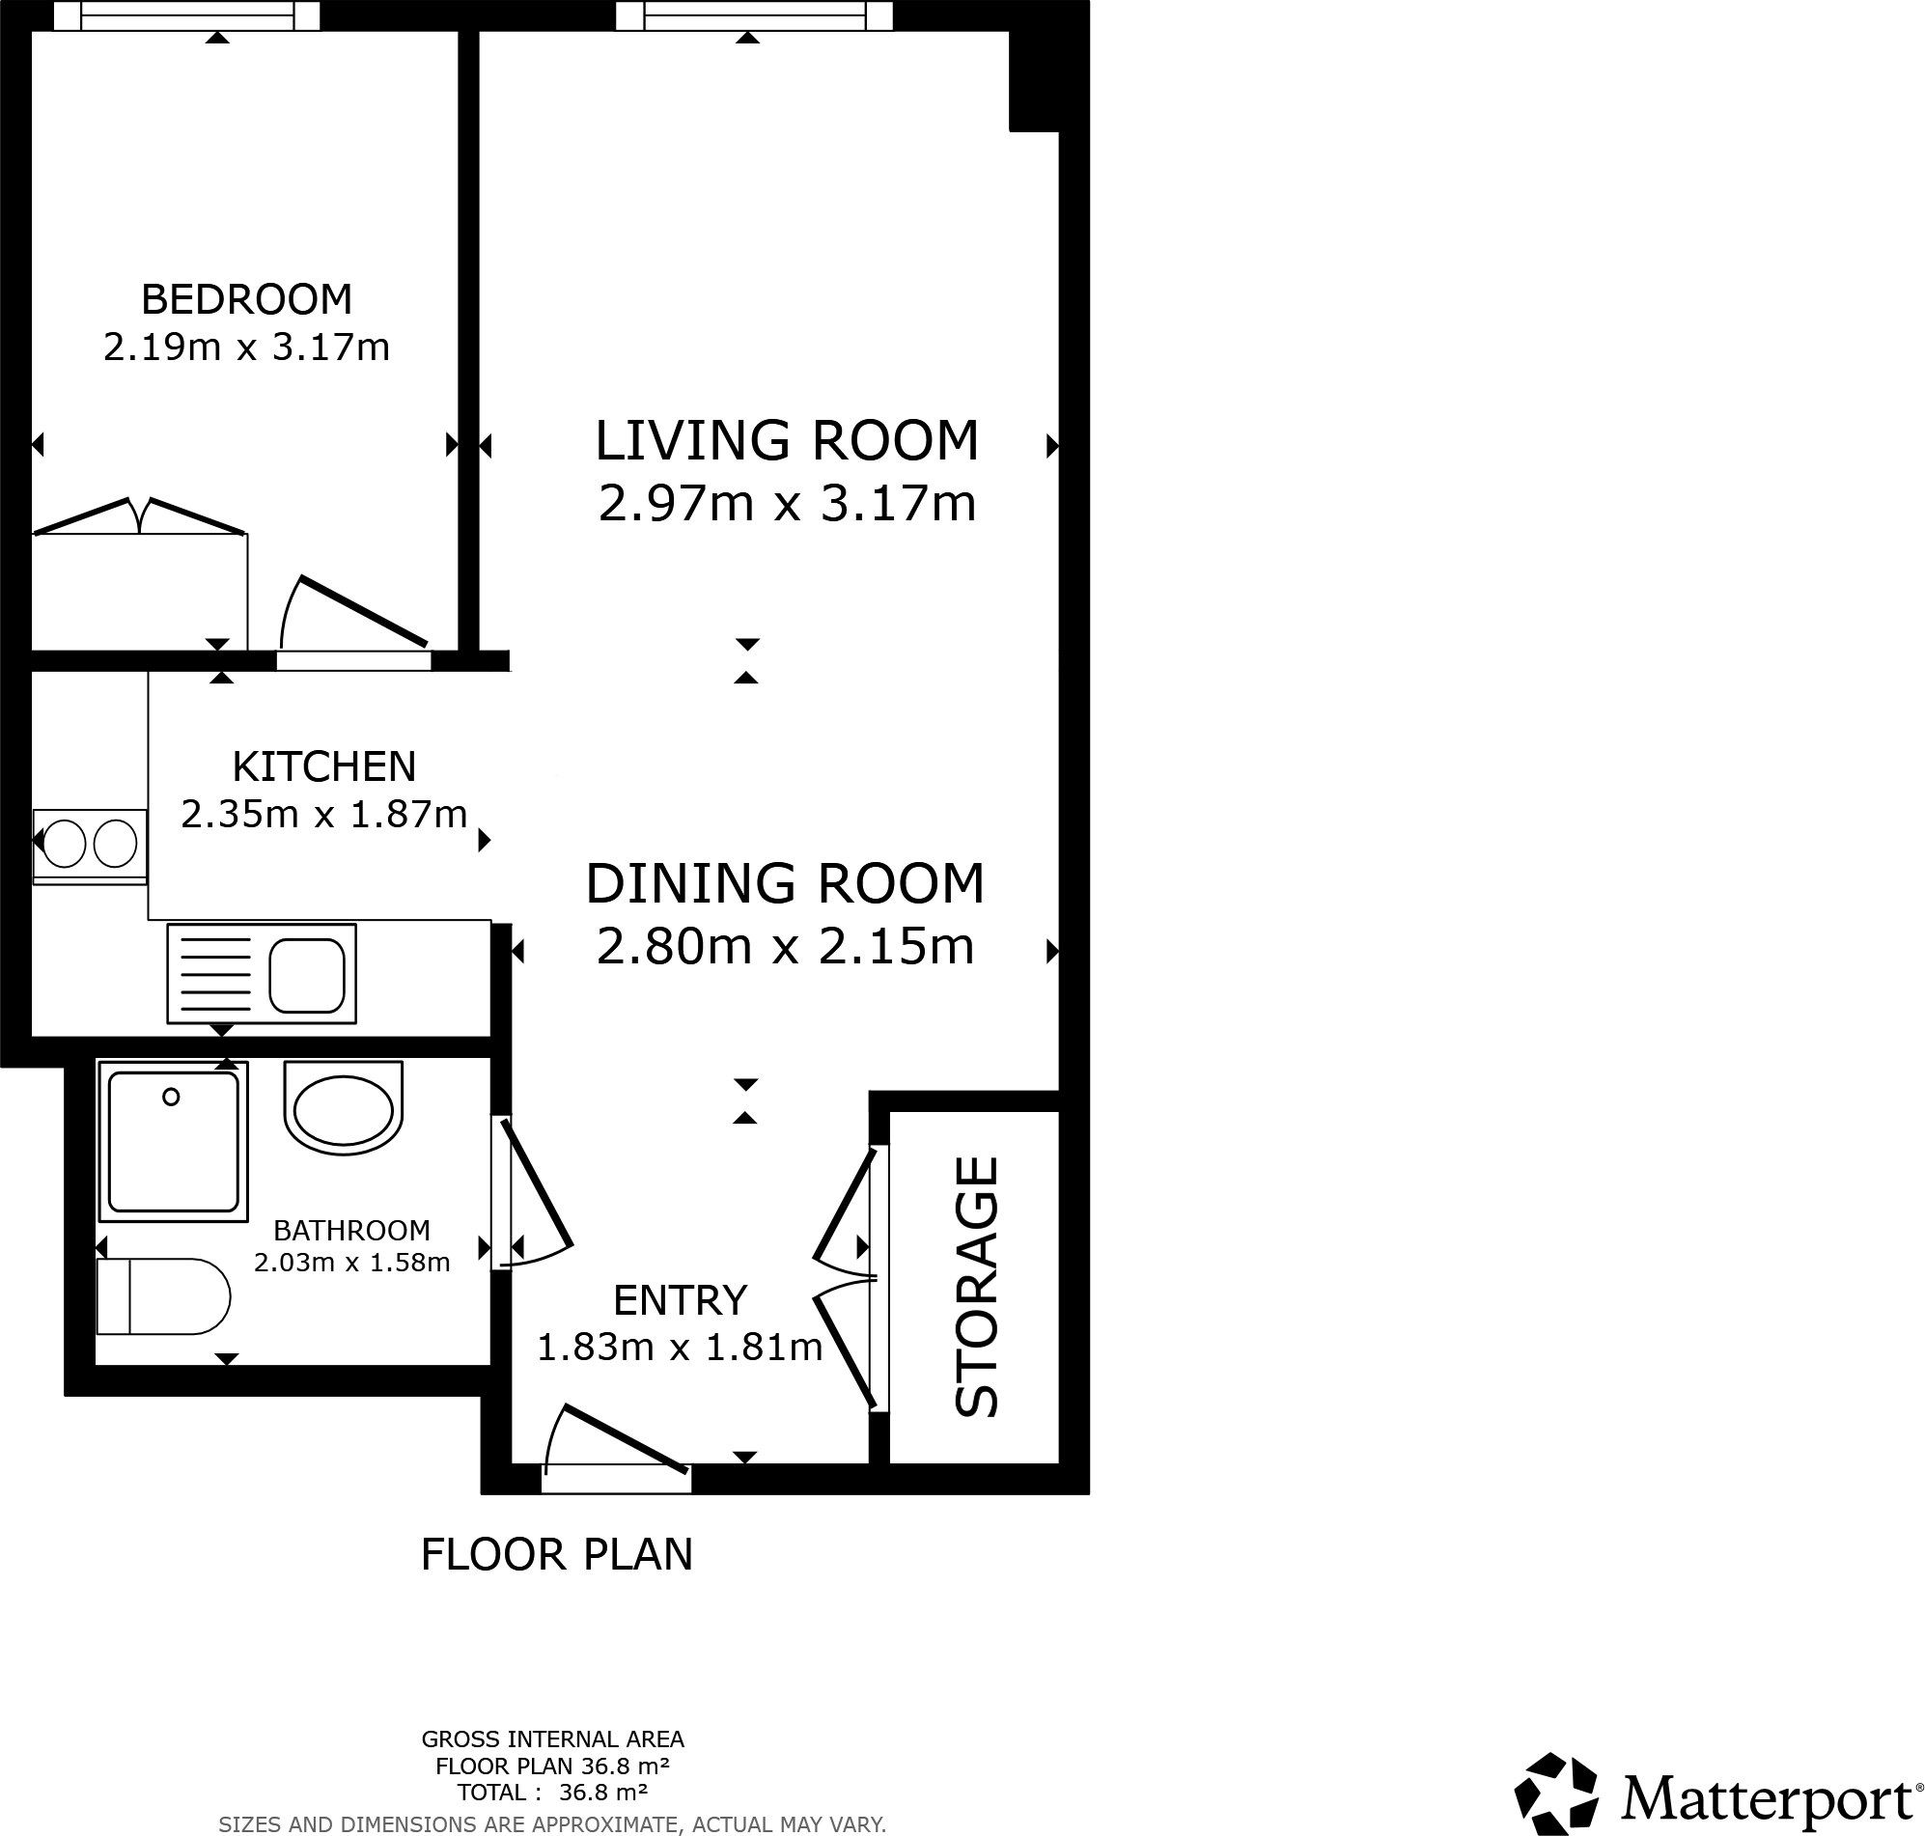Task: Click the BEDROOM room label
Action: pyautogui.click(x=246, y=299)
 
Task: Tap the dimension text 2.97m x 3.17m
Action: pyautogui.click(x=787, y=505)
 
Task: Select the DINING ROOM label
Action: pyautogui.click(x=785, y=884)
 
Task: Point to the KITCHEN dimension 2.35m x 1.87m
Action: pyautogui.click(x=324, y=815)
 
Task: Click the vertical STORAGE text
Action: pyautogui.click(x=977, y=1286)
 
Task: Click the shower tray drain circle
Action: pyautogui.click(x=171, y=1098)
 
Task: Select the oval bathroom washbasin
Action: pyautogui.click(x=343, y=1109)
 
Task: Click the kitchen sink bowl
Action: pyautogui.click(x=307, y=976)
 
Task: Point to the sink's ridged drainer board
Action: pyautogui.click(x=216, y=975)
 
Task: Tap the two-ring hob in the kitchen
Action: pyautogui.click(x=90, y=844)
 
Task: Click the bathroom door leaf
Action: pyautogui.click(x=537, y=1184)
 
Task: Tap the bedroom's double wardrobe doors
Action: pyautogui.click(x=139, y=515)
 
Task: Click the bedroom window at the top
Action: pyautogui.click(x=186, y=15)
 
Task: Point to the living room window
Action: pyautogui.click(x=754, y=15)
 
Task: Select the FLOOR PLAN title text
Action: pyautogui.click(x=557, y=1555)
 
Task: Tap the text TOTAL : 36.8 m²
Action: pyautogui.click(x=552, y=1793)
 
